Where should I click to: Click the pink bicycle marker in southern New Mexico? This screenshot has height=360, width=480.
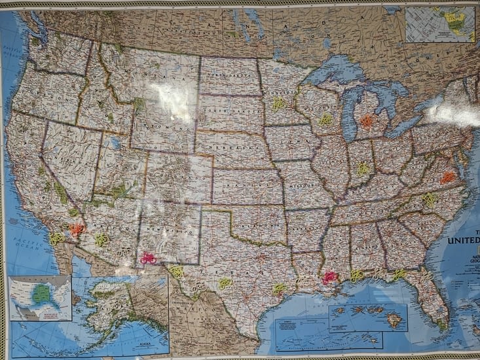coord(149,258)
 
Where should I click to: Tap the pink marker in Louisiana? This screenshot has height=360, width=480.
coord(329,278)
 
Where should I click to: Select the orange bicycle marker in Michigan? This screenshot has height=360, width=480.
coord(367,121)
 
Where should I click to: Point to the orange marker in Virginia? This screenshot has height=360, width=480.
coord(447,177)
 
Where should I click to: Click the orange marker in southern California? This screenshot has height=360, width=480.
coord(77,230)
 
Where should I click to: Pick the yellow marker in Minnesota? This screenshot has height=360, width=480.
coord(278,103)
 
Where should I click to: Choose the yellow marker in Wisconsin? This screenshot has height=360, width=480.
coord(325,120)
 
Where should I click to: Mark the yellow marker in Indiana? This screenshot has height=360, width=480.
coord(363,168)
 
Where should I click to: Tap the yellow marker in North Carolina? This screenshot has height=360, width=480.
coord(430,198)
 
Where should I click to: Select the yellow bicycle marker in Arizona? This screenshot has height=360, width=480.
coord(102,240)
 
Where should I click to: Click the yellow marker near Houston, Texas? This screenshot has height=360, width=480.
coord(279,288)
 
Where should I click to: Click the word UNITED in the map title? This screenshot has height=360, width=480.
coord(464,241)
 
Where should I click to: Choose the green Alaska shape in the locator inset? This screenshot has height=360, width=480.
coord(41,294)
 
